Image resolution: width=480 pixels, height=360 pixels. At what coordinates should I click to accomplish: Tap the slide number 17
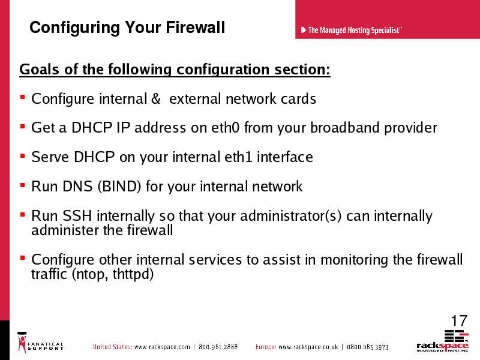pyautogui.click(x=459, y=320)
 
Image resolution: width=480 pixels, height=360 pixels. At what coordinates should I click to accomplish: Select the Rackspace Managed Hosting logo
pyautogui.click(x=443, y=341)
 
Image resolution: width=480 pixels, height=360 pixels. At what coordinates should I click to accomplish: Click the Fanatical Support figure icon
pyautogui.click(x=22, y=342)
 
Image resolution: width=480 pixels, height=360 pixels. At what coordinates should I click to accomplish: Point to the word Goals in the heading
pyautogui.click(x=39, y=69)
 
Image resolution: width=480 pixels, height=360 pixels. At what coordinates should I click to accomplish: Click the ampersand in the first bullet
pyautogui.click(x=156, y=98)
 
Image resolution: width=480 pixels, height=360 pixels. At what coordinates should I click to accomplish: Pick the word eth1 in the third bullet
pyautogui.click(x=238, y=157)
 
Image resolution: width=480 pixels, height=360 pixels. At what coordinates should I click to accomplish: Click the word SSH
pyautogui.click(x=77, y=215)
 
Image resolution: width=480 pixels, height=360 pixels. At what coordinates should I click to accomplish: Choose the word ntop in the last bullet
pyautogui.click(x=91, y=274)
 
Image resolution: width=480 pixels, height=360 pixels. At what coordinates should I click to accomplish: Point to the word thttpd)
pyautogui.click(x=133, y=274)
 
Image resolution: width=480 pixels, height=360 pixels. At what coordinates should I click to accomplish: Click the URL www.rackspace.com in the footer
pyautogui.click(x=162, y=347)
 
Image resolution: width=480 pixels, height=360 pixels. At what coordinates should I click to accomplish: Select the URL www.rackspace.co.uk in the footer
pyautogui.click(x=308, y=347)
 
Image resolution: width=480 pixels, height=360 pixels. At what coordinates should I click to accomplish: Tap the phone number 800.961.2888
pyautogui.click(x=218, y=347)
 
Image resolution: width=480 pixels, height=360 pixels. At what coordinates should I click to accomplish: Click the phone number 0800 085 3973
pyautogui.click(x=367, y=347)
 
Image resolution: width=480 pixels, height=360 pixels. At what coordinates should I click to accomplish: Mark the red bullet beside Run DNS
pyautogui.click(x=22, y=185)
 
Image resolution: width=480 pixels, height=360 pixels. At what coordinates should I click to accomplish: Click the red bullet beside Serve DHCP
pyautogui.click(x=22, y=156)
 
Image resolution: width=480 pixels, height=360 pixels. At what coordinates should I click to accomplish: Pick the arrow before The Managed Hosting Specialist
pyautogui.click(x=304, y=30)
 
